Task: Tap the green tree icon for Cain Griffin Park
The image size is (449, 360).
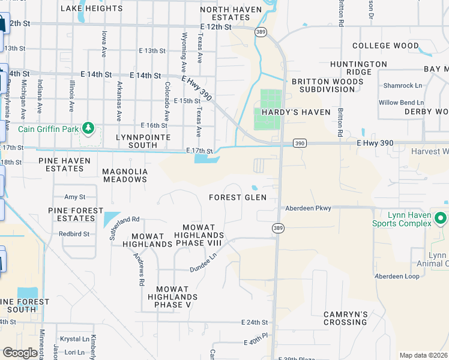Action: pyautogui.click(x=88, y=127)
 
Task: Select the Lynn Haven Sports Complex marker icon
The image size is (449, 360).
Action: pyautogui.click(x=441, y=218)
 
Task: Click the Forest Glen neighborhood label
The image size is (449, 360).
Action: pyautogui.click(x=237, y=197)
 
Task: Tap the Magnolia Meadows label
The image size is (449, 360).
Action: pyautogui.click(x=125, y=175)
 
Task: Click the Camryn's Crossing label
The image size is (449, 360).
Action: pyautogui.click(x=345, y=318)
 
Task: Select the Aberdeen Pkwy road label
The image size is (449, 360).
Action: pyautogui.click(x=308, y=208)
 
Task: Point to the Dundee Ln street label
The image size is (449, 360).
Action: pyautogui.click(x=203, y=262)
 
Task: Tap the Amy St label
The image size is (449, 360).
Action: pyautogui.click(x=75, y=197)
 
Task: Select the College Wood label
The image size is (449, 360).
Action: pyautogui.click(x=385, y=46)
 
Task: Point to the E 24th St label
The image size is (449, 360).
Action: pyautogui.click(x=255, y=322)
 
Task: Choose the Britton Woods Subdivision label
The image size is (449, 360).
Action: pyautogui.click(x=323, y=85)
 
